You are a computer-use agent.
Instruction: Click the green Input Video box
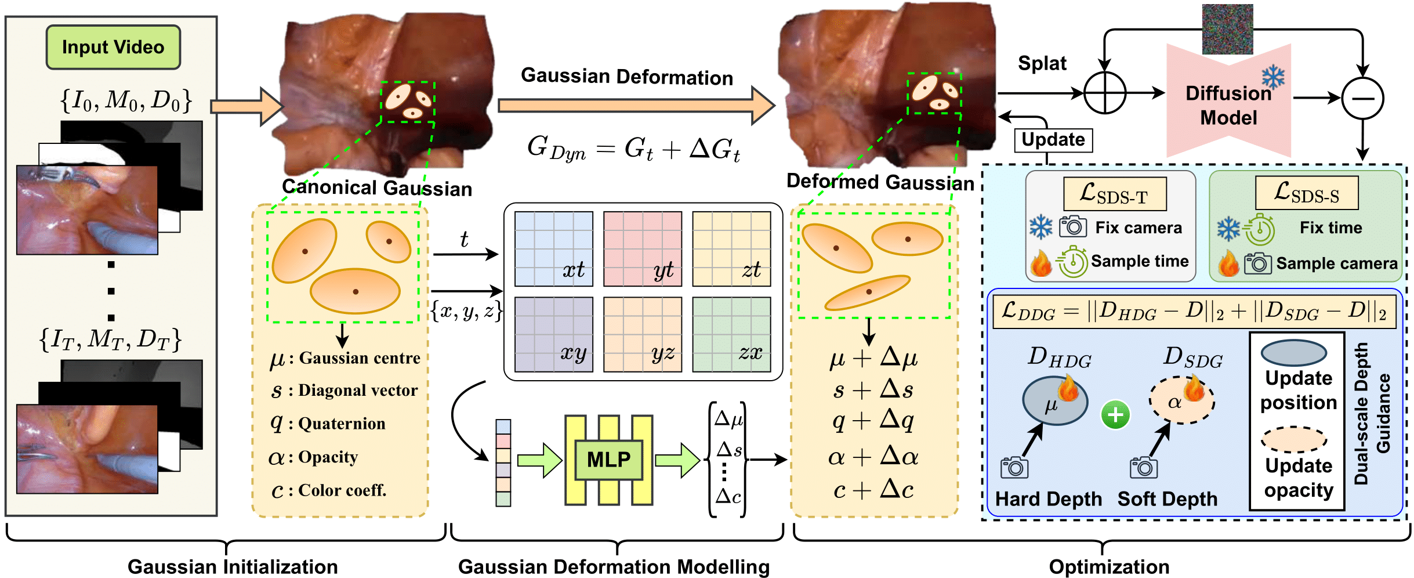click(113, 47)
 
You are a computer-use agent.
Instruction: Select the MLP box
click(608, 460)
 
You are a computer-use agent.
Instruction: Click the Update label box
click(1053, 140)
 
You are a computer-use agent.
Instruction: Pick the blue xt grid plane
click(553, 249)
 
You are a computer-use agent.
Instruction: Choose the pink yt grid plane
click(642, 249)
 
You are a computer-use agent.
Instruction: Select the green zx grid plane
click(731, 334)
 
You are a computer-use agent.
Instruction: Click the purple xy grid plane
click(553, 334)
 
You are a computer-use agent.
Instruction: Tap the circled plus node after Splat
click(1104, 93)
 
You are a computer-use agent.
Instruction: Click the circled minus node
click(1362, 98)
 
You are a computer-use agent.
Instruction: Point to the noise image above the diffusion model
click(1227, 29)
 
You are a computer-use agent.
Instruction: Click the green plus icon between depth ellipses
click(1115, 415)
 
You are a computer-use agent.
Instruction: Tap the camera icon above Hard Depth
click(1014, 467)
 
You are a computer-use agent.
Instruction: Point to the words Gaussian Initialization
click(233, 566)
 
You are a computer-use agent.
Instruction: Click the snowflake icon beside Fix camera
click(1040, 227)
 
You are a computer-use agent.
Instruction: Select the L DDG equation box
click(1194, 312)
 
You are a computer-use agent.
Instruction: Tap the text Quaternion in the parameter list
click(342, 424)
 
